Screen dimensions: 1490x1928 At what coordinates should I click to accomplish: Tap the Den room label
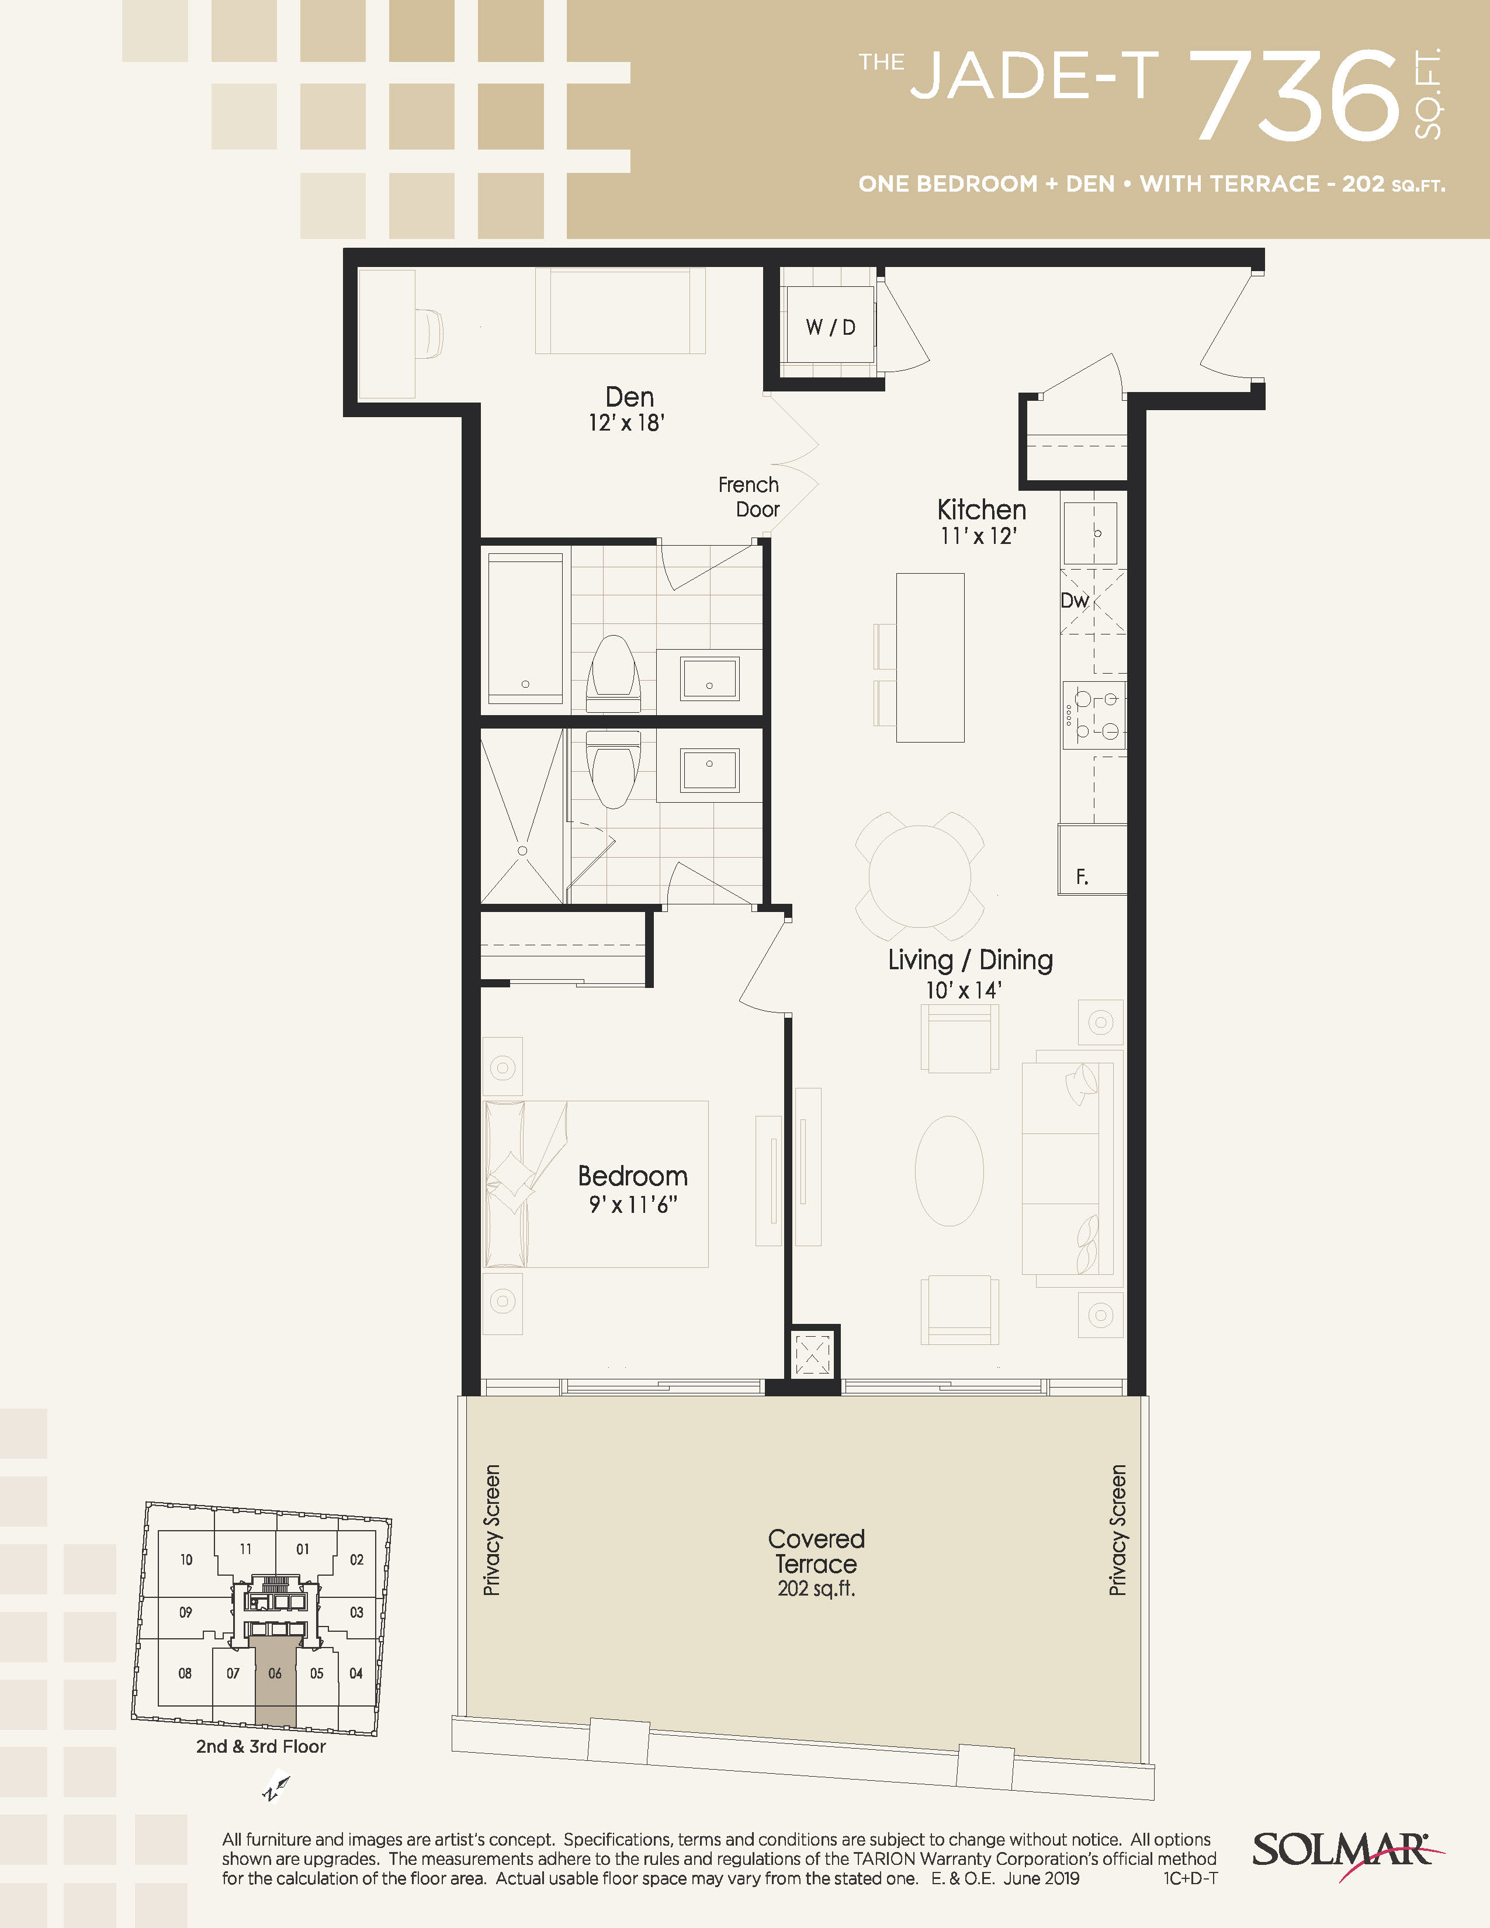629,397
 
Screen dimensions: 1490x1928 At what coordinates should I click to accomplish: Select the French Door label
749,497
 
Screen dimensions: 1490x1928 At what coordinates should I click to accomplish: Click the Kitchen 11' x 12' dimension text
979,536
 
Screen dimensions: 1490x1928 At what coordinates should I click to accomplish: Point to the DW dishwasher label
1074,601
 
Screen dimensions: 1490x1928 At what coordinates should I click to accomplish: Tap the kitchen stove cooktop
1094,715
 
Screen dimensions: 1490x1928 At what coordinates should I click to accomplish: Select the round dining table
920,876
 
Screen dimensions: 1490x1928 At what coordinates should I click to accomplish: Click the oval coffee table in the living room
949,1171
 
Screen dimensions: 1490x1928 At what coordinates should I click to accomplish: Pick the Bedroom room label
633,1176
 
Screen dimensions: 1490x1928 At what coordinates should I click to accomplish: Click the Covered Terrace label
816,1551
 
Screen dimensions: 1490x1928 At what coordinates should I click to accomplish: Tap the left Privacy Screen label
491,1530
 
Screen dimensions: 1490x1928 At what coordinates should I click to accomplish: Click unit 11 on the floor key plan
245,1548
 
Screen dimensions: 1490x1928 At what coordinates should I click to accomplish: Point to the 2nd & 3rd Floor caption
261,1746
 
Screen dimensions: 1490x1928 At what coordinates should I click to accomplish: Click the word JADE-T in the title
1034,76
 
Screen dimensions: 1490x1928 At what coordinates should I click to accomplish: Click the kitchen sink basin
1090,533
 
